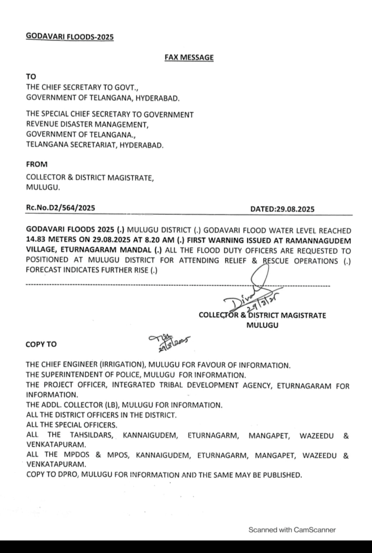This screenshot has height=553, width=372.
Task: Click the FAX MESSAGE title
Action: [188, 57]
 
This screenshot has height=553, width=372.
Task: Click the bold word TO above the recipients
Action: [31, 77]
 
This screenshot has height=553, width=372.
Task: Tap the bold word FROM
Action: [37, 164]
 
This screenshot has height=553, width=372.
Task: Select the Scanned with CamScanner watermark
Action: [292, 530]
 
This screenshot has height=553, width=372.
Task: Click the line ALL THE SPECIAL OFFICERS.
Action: [72, 424]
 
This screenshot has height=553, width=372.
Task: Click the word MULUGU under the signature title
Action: [262, 326]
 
